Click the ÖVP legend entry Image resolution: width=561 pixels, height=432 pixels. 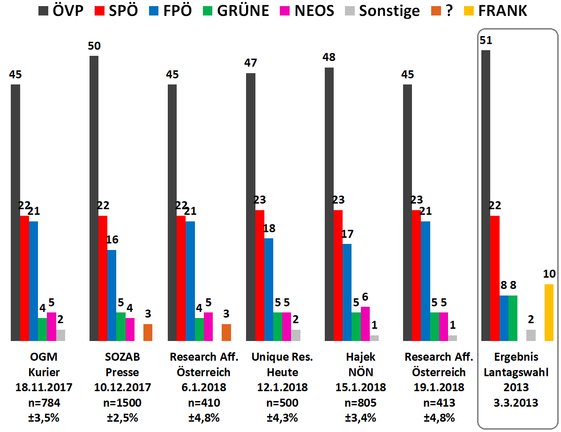point(60,11)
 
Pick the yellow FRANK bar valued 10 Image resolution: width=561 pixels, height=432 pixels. point(549,312)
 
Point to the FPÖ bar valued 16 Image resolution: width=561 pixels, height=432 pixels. point(112,295)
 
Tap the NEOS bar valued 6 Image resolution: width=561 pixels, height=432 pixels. point(366,324)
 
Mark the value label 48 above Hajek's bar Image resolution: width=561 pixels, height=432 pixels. point(329,57)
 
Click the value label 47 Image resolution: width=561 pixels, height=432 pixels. point(250,63)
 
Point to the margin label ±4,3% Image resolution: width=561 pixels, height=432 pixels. point(282,418)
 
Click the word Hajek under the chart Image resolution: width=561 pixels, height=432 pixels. point(360,357)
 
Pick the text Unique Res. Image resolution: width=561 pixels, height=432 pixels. point(282,357)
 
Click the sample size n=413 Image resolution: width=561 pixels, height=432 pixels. point(439,403)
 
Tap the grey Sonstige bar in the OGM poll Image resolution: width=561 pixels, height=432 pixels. point(61,335)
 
